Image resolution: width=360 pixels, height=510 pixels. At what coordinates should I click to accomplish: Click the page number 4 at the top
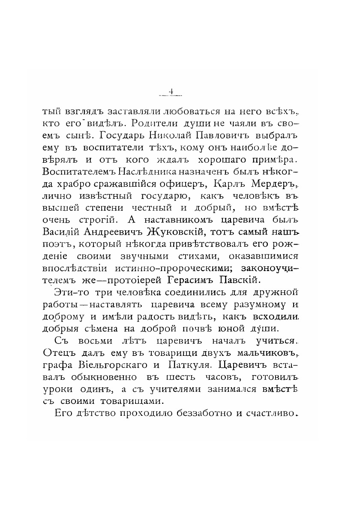point(171,91)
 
